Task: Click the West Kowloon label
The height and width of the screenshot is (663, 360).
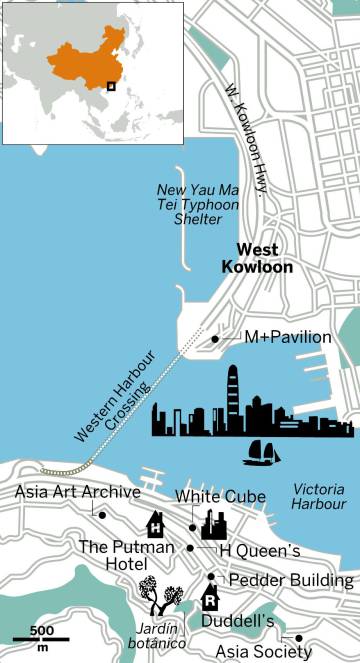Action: click(x=265, y=258)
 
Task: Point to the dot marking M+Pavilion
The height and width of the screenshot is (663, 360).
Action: click(x=215, y=340)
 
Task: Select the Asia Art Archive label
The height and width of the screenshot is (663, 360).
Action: click(x=78, y=492)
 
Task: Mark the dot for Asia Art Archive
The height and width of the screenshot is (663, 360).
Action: click(x=102, y=514)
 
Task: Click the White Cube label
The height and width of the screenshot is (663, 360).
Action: click(x=220, y=496)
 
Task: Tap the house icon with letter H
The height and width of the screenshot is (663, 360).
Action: click(x=156, y=525)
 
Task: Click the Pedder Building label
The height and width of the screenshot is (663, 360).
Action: click(x=291, y=580)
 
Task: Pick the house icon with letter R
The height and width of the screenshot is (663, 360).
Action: click(x=211, y=598)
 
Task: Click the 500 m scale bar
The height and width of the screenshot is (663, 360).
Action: click(x=41, y=637)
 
